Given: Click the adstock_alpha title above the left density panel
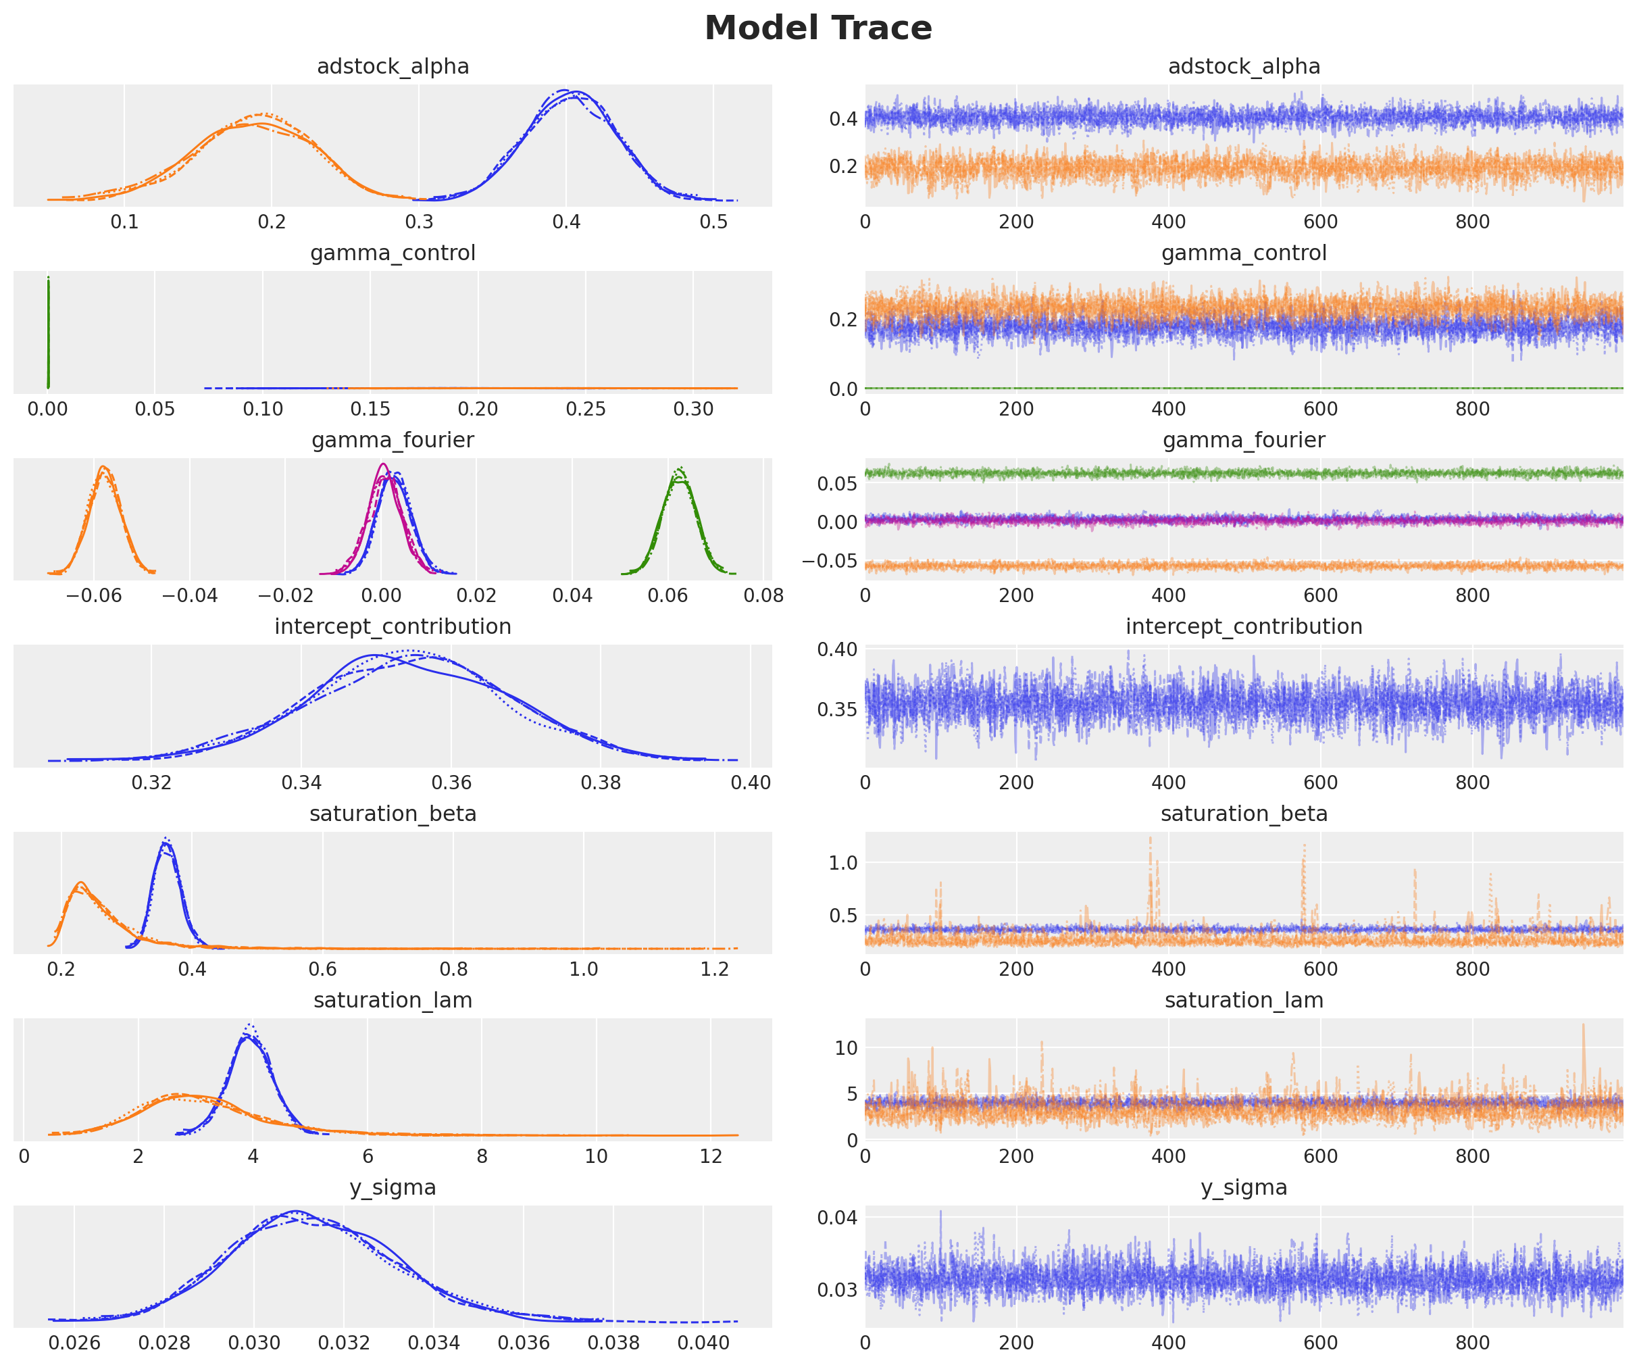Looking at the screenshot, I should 393,67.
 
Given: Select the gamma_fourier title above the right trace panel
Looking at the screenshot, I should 1243,441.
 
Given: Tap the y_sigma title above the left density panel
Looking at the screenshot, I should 393,1188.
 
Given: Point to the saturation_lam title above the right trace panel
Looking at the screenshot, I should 1243,1001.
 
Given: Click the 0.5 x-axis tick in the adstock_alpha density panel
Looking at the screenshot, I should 713,222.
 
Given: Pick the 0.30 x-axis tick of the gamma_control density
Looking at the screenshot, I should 693,409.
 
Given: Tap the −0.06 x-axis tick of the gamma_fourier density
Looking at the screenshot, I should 95,596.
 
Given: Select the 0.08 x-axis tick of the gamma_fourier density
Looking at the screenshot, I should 763,596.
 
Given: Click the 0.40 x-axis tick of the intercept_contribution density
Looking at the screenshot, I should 751,783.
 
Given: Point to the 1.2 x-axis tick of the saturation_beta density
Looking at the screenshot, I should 714,969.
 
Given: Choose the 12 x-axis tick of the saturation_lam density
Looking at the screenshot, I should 711,1156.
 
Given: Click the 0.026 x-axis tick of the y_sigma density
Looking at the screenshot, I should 75,1343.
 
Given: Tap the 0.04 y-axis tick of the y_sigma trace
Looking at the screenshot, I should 837,1217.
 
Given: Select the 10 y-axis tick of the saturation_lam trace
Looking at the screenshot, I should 846,1048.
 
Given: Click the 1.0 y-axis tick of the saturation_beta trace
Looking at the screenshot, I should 842,862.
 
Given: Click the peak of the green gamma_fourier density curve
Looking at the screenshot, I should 680,470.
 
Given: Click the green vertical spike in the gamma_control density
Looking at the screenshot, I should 49,331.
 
